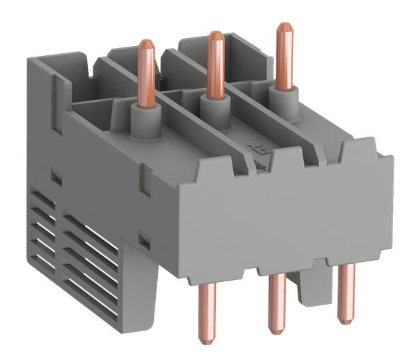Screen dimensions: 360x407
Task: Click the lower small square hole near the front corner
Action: pos(143,236)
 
